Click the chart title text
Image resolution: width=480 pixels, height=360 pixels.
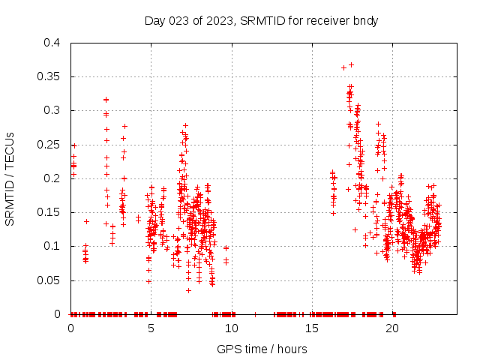[261, 20]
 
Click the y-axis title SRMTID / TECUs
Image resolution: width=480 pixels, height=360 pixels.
[10, 178]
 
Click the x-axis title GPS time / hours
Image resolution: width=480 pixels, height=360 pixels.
[261, 349]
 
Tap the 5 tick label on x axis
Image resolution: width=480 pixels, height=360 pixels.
[151, 328]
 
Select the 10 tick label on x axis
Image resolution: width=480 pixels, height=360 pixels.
[232, 328]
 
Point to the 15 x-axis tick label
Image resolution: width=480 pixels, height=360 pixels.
[312, 328]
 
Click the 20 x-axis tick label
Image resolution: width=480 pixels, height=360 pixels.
[392, 328]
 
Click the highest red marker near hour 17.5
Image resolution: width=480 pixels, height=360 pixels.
[351, 64]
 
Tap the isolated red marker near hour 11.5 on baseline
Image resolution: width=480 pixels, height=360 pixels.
[256, 313]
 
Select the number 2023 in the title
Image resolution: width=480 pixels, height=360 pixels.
[217, 20]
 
